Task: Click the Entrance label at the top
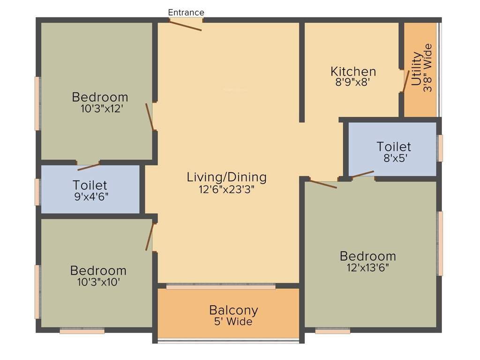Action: click(x=186, y=13)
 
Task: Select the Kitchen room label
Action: click(x=353, y=72)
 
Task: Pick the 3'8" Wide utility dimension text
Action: click(x=427, y=68)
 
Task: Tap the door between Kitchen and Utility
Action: click(x=405, y=82)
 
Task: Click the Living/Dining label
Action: click(x=226, y=177)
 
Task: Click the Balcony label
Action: click(x=233, y=310)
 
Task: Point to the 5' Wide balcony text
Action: click(x=233, y=322)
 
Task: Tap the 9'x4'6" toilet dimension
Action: click(x=90, y=196)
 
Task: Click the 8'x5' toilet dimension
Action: click(x=394, y=158)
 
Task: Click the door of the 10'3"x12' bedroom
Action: click(x=150, y=116)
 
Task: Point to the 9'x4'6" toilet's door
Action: click(x=88, y=167)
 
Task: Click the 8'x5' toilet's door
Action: click(x=363, y=175)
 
